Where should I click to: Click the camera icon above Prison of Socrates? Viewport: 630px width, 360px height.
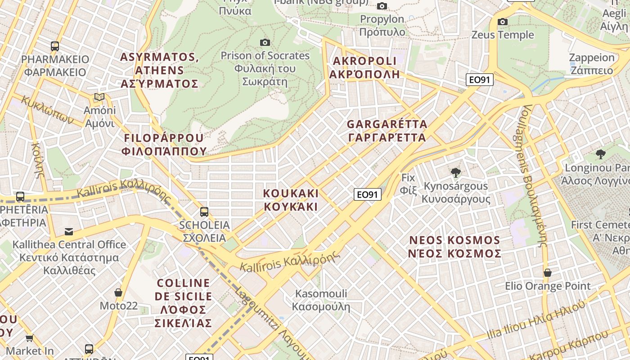(x=265, y=42)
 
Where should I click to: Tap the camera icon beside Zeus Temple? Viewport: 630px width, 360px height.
(x=503, y=22)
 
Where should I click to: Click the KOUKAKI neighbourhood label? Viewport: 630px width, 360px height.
(x=291, y=200)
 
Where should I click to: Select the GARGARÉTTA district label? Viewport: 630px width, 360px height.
(x=387, y=130)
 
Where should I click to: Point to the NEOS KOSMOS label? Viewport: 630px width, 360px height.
(x=454, y=247)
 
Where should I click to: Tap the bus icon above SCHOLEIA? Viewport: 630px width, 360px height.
(x=204, y=211)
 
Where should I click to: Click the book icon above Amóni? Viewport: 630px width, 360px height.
(x=99, y=97)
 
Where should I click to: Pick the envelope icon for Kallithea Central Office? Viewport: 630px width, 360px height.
(x=69, y=231)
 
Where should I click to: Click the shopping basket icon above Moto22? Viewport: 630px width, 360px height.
(x=118, y=292)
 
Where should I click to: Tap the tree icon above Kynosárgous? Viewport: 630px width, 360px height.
(x=456, y=172)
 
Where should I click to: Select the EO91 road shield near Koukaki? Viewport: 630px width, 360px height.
(x=367, y=194)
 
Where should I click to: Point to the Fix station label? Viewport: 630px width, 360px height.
(x=408, y=184)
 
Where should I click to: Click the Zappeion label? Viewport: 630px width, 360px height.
(x=591, y=64)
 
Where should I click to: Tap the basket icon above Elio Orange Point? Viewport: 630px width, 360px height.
(x=548, y=273)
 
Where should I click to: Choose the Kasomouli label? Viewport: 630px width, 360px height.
(x=321, y=300)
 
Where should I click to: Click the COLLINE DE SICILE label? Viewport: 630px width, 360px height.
(x=183, y=303)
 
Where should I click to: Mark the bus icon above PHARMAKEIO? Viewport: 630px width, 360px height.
(x=55, y=46)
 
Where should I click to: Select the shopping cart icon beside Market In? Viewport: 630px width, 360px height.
(x=30, y=337)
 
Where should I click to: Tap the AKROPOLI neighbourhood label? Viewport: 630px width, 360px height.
(x=364, y=67)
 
